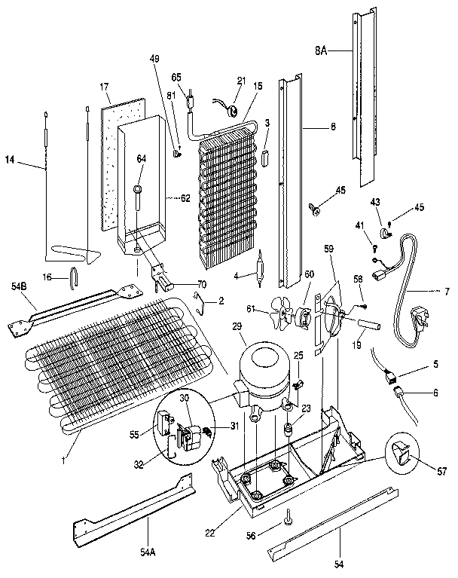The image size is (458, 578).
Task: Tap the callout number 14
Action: [x=10, y=160]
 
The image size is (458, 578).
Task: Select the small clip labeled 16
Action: [x=74, y=277]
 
